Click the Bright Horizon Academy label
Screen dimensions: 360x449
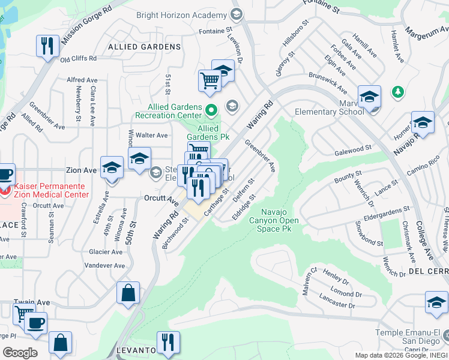(182, 15)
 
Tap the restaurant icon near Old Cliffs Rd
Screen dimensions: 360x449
(45, 46)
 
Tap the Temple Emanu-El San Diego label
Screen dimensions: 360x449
(411, 338)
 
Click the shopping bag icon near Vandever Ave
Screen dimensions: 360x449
(128, 293)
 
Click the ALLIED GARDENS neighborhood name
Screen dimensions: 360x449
(144, 47)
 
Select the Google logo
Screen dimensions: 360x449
(19, 353)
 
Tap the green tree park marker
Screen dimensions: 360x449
(397, 92)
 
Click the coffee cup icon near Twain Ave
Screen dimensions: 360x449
(36, 322)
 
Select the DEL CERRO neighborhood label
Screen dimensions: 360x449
(429, 271)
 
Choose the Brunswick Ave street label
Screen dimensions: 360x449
(328, 85)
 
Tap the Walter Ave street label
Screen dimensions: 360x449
(152, 135)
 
